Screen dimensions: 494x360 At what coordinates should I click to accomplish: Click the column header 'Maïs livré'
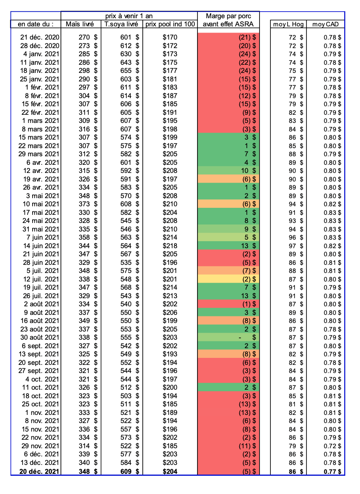click(x=80, y=24)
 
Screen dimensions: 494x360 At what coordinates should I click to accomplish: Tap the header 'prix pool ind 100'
click(x=170, y=24)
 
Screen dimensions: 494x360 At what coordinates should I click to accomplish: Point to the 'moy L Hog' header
click(x=288, y=24)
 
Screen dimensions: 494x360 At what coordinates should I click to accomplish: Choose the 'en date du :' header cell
click(x=36, y=24)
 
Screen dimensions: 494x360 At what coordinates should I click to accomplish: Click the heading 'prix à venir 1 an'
click(x=129, y=16)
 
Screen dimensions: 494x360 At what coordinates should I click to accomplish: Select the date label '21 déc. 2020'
click(x=40, y=37)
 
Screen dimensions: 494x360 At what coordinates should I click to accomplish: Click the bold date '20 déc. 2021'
click(x=40, y=471)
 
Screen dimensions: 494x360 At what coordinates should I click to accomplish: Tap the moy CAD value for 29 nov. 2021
click(x=332, y=446)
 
